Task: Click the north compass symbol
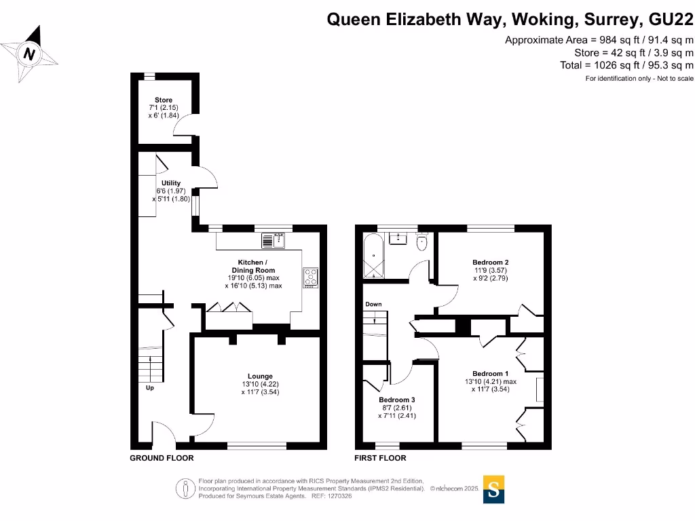(x=29, y=53)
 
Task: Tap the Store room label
(x=163, y=100)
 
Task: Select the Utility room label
(x=171, y=183)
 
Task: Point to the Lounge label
(x=260, y=377)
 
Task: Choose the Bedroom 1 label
(x=490, y=374)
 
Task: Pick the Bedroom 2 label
(x=490, y=263)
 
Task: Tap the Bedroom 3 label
(x=396, y=400)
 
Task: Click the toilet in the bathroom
(x=423, y=242)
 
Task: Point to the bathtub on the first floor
(x=373, y=256)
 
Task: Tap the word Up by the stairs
(x=150, y=389)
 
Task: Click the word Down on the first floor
(x=373, y=305)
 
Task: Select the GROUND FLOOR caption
(x=162, y=459)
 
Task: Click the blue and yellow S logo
(x=493, y=489)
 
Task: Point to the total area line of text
(x=626, y=65)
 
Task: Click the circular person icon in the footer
(x=184, y=488)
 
